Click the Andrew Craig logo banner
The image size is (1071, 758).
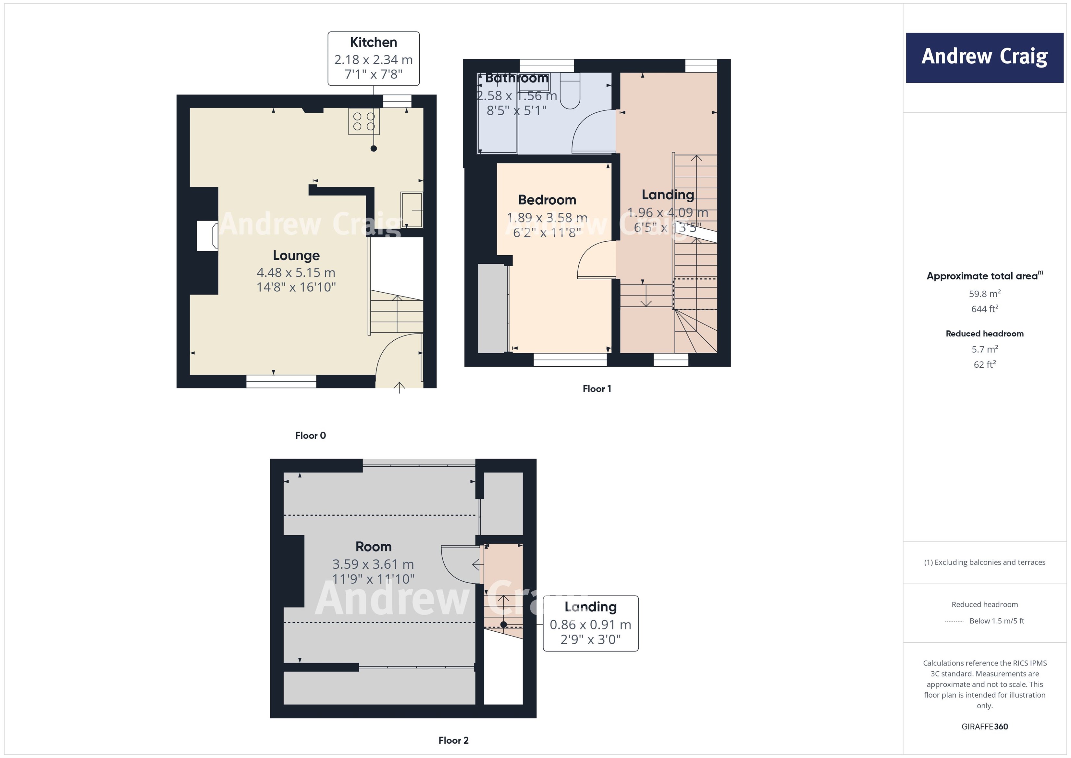(x=984, y=57)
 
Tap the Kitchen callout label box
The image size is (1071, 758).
(x=373, y=58)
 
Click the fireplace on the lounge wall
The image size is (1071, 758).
(x=207, y=236)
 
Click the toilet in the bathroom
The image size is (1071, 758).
(x=570, y=91)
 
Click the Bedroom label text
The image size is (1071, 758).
(x=547, y=200)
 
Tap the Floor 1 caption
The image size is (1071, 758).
(x=597, y=389)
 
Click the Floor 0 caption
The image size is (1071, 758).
(x=310, y=436)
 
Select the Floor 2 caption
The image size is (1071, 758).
(x=453, y=740)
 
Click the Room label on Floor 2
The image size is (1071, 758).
(x=373, y=547)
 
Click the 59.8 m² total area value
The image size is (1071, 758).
(x=984, y=294)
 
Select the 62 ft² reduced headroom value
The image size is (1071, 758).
(x=984, y=364)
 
